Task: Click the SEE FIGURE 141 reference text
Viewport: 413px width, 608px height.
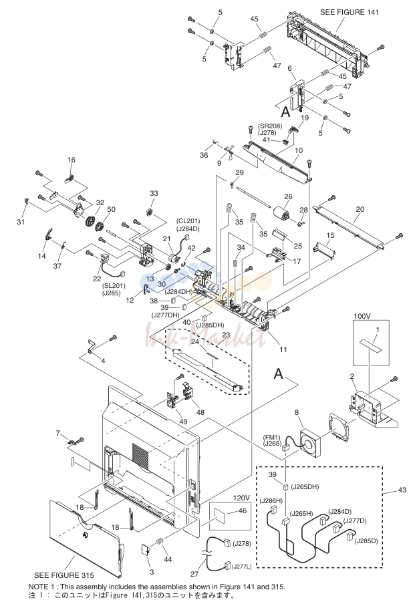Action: [349, 13]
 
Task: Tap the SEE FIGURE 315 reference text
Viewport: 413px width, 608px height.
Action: [64, 575]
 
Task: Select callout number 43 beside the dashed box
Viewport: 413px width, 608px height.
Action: [402, 490]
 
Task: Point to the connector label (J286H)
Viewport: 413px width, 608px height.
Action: [271, 500]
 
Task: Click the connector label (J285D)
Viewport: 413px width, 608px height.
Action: [366, 541]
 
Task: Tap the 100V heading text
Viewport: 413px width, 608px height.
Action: [362, 316]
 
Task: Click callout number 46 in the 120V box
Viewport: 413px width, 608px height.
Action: [243, 510]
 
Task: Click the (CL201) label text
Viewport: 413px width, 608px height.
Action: [188, 221]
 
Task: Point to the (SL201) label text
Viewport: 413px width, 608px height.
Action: [114, 286]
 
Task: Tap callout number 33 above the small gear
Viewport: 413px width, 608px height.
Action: [154, 193]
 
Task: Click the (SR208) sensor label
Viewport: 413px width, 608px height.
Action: [270, 126]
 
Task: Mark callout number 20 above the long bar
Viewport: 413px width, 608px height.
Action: [360, 209]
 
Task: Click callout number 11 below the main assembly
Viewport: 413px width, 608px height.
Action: [283, 349]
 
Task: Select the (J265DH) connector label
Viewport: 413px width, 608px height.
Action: [305, 486]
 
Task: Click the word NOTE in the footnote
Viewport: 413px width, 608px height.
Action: [38, 587]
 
